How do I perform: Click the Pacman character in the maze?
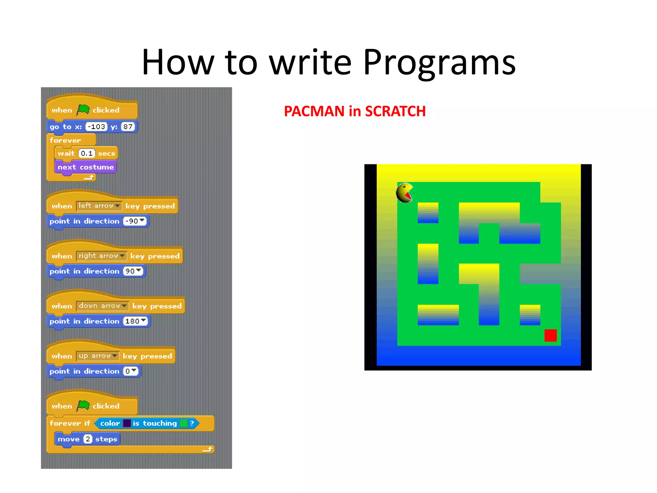click(x=405, y=193)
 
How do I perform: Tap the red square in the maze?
click(x=550, y=335)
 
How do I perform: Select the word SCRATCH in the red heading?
click(x=395, y=111)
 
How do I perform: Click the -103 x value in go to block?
click(x=97, y=126)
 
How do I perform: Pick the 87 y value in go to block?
click(x=128, y=126)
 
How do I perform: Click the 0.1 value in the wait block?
click(x=87, y=153)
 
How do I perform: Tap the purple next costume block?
click(x=85, y=167)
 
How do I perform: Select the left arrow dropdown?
click(x=99, y=206)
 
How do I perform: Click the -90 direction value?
click(x=134, y=221)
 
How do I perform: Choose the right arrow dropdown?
click(x=101, y=256)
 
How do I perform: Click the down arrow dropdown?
click(x=102, y=306)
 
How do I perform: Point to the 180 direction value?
click(x=135, y=321)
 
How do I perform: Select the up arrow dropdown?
click(x=98, y=356)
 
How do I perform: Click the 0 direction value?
click(x=131, y=371)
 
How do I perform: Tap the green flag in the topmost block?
click(x=83, y=110)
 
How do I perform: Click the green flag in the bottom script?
click(x=83, y=406)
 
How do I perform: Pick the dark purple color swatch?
click(x=127, y=423)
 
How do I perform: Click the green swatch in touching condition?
click(x=183, y=423)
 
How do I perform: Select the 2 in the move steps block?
click(x=88, y=439)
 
